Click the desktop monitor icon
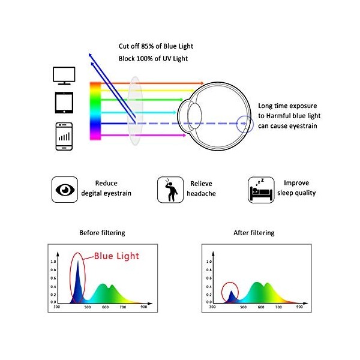pos(64,76)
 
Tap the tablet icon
pos(64,103)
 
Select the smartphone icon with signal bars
pos(64,136)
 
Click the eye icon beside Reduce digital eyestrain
pos(65,190)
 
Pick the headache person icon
pos(170,190)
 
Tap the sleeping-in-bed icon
pos(261,190)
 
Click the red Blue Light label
pos(116,256)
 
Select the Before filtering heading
pos(102,233)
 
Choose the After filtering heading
pos(254,233)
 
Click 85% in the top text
pos(148,46)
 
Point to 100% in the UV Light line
pos(145,59)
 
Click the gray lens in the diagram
pos(136,111)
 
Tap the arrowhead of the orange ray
pos(202,83)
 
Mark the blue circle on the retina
pos(245,124)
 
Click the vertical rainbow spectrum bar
pos(95,111)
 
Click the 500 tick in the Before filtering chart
pos(88,307)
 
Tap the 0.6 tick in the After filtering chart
pos(209,278)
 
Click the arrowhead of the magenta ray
pos(184,135)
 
